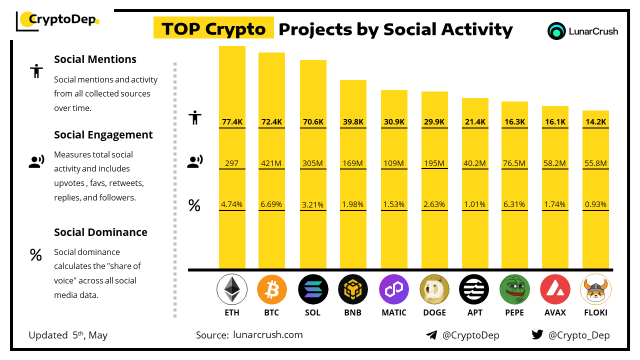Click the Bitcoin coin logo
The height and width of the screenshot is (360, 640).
272,289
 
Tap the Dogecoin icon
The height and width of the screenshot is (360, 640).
434,289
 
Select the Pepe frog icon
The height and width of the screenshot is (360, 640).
514,289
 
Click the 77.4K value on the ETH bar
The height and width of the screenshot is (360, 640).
232,121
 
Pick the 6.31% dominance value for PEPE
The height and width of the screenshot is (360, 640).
514,204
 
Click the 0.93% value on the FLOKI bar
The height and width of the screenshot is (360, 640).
595,204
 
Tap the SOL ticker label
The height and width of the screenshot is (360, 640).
312,312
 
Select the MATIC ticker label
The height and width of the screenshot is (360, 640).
394,312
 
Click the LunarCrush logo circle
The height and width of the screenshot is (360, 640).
556,31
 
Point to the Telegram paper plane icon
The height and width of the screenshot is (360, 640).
431,335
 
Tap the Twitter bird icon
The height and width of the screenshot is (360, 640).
537,335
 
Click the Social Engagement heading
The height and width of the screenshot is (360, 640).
103,135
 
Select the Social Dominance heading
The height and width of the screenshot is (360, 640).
100,232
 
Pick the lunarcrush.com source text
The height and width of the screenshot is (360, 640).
268,335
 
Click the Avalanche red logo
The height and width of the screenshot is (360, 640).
555,289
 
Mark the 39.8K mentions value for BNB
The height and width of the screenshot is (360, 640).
353,121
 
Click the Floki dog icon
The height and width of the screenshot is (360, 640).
595,289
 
